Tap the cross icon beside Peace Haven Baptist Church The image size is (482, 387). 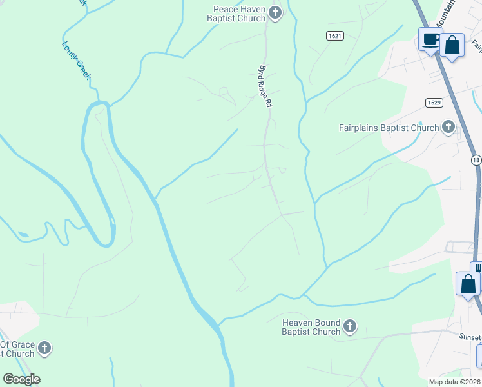276,12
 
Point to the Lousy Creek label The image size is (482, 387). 76,61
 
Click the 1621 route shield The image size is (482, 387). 334,35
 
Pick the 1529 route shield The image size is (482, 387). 433,103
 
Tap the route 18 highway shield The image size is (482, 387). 476,160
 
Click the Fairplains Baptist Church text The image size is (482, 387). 389,128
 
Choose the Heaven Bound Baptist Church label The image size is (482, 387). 311,327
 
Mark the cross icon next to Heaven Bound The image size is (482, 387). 350,326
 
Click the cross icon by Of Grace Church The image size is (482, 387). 44,349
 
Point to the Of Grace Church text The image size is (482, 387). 17,349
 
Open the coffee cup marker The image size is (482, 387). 430,39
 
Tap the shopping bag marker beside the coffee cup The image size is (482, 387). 452,45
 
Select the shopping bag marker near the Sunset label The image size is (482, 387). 468,284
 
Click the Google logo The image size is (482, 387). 21,379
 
